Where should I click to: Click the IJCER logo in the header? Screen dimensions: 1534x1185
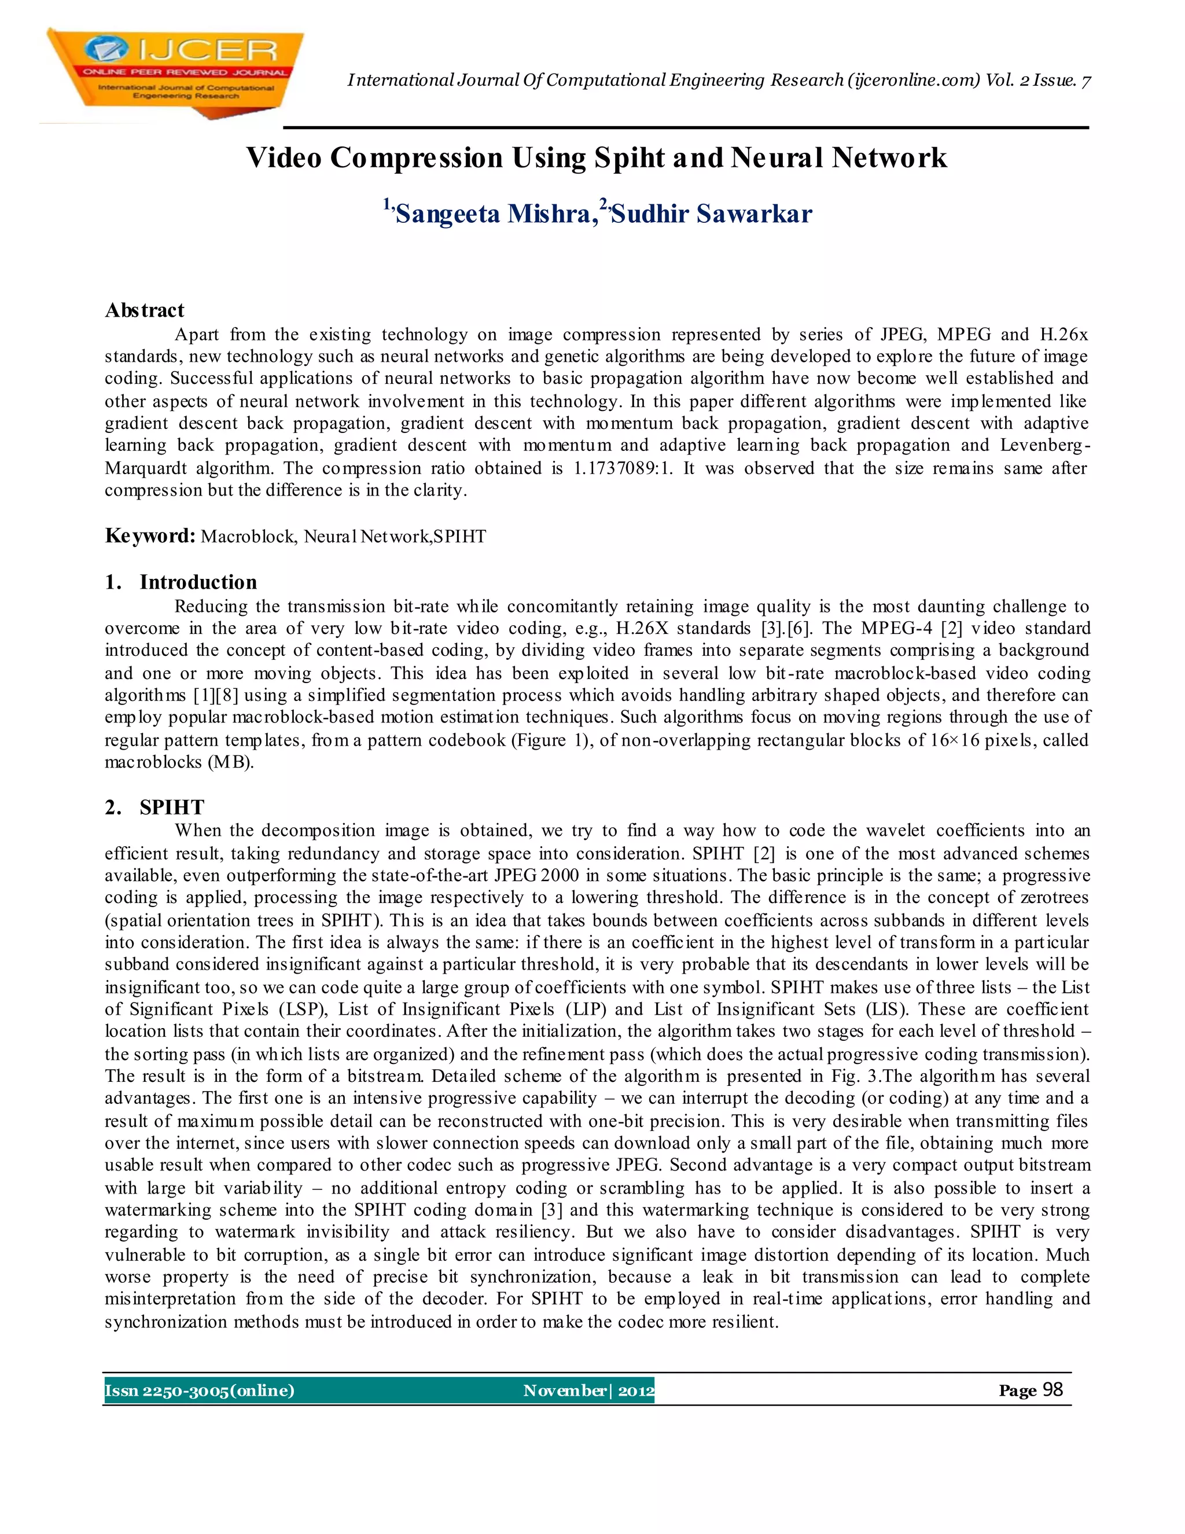174,72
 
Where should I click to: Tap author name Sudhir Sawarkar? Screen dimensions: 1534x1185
711,214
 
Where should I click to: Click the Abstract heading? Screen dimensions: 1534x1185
145,310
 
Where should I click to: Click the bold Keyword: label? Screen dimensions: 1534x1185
149,536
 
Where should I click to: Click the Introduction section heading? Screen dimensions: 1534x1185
198,582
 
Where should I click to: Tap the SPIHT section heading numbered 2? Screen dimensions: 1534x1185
172,807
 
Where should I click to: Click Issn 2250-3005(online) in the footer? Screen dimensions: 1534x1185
200,1390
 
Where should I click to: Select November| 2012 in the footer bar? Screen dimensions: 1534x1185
588,1390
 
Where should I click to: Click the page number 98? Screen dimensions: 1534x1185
1052,1389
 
